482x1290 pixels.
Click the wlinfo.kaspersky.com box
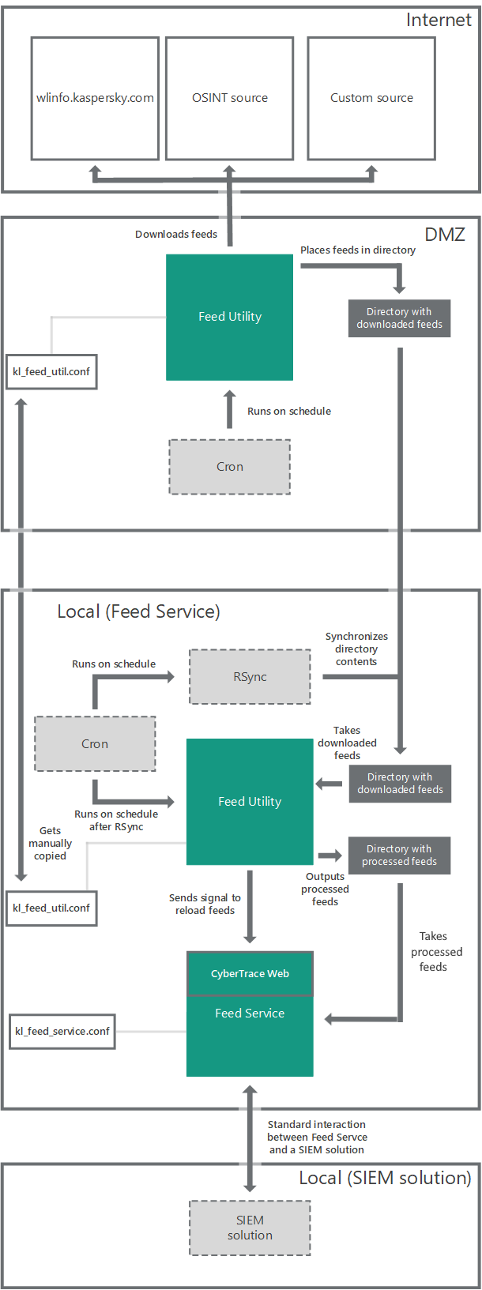(x=95, y=98)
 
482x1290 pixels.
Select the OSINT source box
(x=229, y=98)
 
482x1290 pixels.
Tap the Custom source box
(x=371, y=98)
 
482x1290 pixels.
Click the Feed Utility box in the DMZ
(x=229, y=317)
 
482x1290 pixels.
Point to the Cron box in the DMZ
(x=230, y=467)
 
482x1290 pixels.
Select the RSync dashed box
(x=250, y=677)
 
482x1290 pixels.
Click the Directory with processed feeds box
(x=399, y=856)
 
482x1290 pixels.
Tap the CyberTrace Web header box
(x=250, y=974)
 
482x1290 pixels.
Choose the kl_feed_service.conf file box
(x=62, y=1032)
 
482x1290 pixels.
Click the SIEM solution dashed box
(x=250, y=1228)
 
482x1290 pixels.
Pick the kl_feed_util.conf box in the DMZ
(x=51, y=372)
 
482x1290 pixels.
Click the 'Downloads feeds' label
(x=176, y=235)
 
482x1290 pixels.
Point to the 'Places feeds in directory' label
(x=357, y=250)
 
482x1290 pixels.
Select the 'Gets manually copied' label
(x=50, y=844)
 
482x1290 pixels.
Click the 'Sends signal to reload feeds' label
(x=205, y=905)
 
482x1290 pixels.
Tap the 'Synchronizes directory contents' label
(x=356, y=649)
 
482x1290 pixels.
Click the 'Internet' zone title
(x=439, y=21)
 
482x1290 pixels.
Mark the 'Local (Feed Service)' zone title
(x=138, y=611)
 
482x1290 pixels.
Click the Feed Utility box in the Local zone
(x=250, y=802)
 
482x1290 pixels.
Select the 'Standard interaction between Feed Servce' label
(x=317, y=1138)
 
